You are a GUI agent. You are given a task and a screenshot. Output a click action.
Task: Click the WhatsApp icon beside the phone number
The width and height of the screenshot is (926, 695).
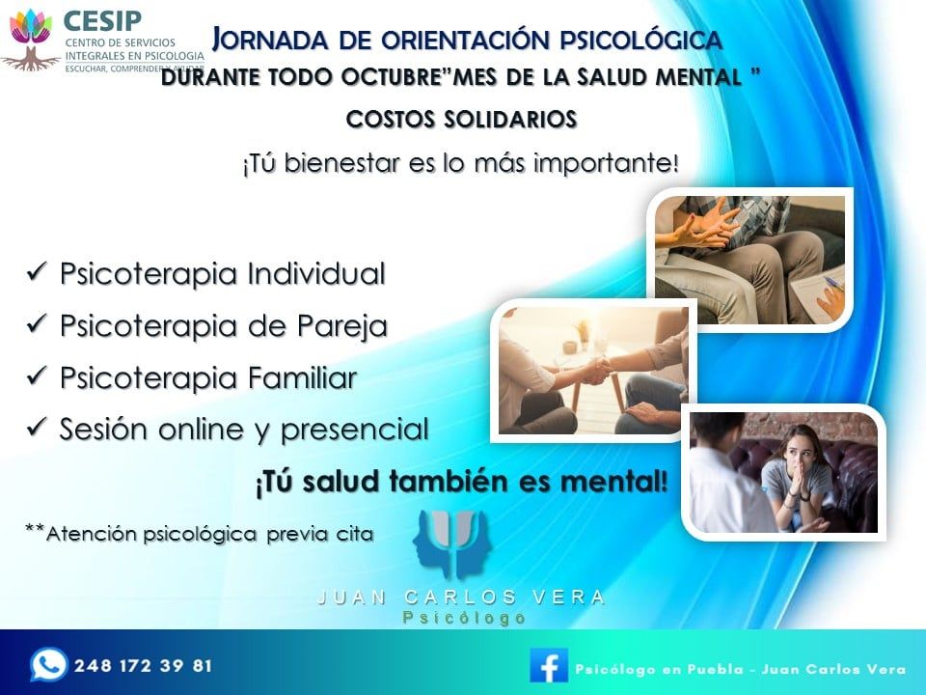(48, 665)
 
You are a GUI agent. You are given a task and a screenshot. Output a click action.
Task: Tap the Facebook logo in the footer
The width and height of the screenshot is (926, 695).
(549, 665)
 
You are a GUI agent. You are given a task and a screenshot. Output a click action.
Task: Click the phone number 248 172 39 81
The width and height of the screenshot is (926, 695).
(143, 666)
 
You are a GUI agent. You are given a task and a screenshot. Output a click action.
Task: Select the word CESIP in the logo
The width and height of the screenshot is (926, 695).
(102, 20)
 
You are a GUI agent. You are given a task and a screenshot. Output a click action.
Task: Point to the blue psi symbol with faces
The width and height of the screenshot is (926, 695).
(452, 543)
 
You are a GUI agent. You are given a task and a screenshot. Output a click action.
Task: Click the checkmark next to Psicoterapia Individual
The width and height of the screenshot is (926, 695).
(37, 271)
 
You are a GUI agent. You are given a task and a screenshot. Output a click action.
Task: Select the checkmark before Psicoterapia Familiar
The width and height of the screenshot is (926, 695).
(37, 375)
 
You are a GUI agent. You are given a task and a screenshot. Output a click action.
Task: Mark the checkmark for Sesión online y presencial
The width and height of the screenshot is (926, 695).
(37, 426)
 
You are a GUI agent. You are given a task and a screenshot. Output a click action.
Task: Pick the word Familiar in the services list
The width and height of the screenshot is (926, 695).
(302, 377)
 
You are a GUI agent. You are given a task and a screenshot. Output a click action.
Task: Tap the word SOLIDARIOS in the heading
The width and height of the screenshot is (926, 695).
(510, 120)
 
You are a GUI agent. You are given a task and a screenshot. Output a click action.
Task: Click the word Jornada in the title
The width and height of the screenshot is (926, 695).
(270, 39)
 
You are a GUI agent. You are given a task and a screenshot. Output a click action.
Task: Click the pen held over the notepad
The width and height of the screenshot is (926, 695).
(833, 283)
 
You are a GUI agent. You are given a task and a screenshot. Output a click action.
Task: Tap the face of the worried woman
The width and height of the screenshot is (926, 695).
(797, 449)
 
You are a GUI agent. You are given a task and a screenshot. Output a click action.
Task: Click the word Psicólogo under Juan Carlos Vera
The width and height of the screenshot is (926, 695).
(464, 618)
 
